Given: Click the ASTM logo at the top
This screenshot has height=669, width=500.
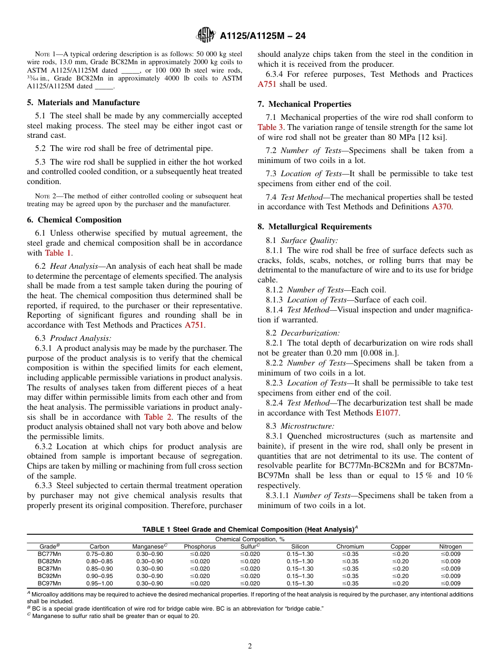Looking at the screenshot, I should coord(205,35).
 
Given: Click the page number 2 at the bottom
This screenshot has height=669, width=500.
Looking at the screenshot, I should coord(250,646).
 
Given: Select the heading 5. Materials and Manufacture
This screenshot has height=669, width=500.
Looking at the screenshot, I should coord(84,103).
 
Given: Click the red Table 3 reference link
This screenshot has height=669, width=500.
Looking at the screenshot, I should coord(271,127).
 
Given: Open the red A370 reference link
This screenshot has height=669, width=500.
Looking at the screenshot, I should coord(442,207).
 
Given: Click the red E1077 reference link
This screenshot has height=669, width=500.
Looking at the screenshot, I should coord(387,413).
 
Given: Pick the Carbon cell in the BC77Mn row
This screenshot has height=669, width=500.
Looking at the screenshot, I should coord(99,554).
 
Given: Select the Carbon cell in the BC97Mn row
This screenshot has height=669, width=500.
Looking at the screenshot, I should coord(99,583).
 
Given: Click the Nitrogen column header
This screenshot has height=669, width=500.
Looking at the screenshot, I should coord(451,546).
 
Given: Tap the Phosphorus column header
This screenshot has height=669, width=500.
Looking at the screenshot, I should coord(199,546).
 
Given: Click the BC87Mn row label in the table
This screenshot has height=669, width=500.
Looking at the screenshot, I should coord(49,569).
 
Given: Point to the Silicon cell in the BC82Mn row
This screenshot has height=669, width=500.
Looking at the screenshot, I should coord(300,561).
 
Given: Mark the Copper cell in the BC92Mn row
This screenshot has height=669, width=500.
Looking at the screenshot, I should coord(401,576).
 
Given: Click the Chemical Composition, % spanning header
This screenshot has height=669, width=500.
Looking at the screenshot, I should coord(250,539).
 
